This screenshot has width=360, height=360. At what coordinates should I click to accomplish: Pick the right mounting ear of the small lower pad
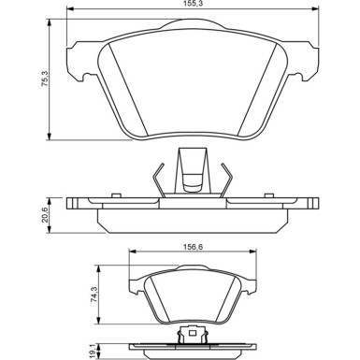252,279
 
